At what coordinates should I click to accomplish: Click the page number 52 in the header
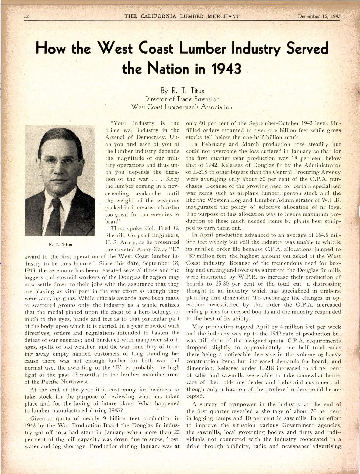[27, 16]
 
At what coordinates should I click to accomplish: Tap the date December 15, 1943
[319, 16]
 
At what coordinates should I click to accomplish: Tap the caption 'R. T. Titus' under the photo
[60, 245]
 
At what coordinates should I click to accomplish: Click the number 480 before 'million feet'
[191, 256]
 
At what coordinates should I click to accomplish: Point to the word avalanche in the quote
[148, 193]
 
